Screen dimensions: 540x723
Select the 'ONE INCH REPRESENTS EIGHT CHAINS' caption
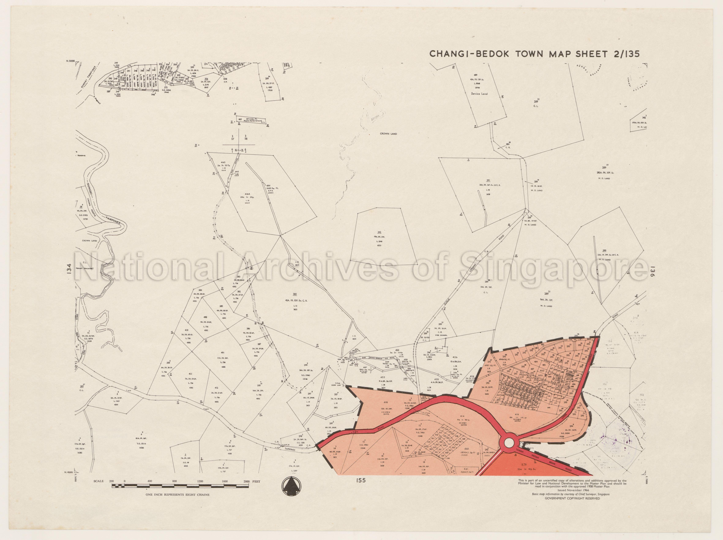point(177,495)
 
